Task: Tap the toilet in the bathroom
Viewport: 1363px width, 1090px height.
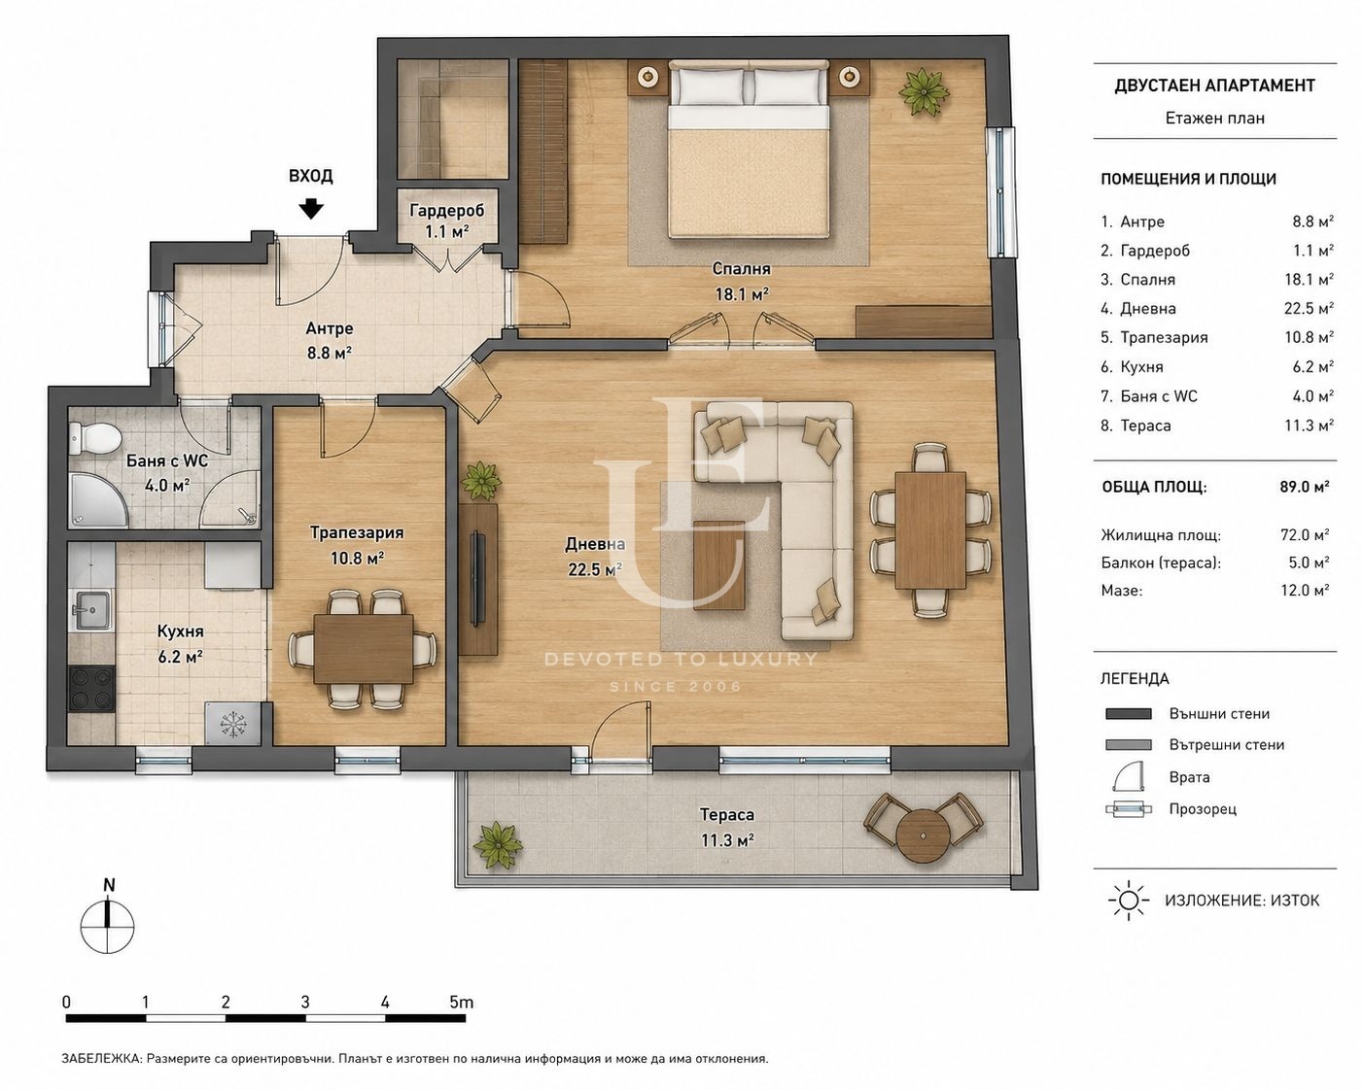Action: pyautogui.click(x=94, y=437)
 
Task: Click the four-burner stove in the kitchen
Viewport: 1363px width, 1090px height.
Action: pyautogui.click(x=91, y=690)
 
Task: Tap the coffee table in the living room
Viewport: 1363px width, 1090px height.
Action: pyautogui.click(x=719, y=565)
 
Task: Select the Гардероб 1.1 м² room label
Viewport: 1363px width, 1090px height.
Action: pyautogui.click(x=446, y=221)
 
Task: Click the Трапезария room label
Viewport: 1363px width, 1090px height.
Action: pyautogui.click(x=357, y=532)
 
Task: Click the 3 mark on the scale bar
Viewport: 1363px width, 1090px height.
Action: pyautogui.click(x=305, y=1002)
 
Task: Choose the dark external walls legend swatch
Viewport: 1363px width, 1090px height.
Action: pyautogui.click(x=1128, y=714)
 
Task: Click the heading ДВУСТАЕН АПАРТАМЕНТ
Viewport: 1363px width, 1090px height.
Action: pyautogui.click(x=1215, y=85)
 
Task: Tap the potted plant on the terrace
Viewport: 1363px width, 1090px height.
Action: pyautogui.click(x=501, y=846)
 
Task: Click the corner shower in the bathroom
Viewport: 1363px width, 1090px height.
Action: pyautogui.click(x=99, y=501)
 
